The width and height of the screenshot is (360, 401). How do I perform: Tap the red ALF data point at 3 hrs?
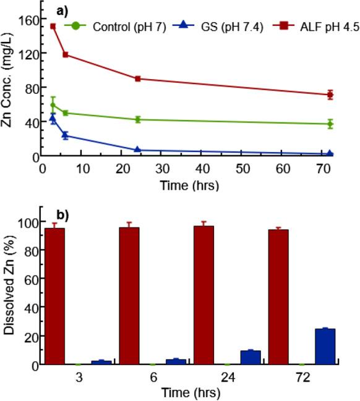53,26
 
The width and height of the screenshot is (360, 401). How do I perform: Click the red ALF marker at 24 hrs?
138,78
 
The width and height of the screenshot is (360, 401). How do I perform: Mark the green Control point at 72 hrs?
330,124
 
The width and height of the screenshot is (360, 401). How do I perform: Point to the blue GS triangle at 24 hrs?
138,150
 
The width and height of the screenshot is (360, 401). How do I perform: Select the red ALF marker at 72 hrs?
330,95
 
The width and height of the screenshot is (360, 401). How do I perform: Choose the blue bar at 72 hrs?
325,347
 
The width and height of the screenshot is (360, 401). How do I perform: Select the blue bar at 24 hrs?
251,357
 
